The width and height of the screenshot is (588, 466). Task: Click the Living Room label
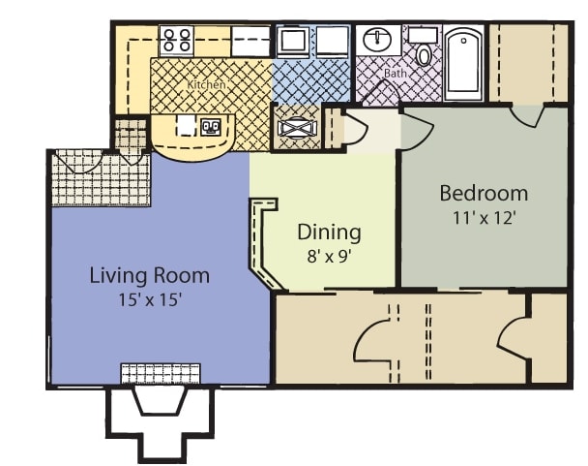click(x=149, y=275)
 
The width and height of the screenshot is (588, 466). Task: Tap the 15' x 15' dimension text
click(x=150, y=300)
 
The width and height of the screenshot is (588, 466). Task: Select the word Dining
click(x=329, y=233)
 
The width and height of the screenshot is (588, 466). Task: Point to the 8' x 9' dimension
click(x=329, y=257)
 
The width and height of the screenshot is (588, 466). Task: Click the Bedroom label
click(x=484, y=193)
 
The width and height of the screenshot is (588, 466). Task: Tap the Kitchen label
click(x=206, y=84)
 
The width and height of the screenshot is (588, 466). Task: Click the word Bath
click(x=396, y=73)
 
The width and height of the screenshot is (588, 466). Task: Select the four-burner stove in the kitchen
click(x=177, y=40)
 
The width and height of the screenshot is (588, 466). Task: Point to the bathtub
click(x=463, y=63)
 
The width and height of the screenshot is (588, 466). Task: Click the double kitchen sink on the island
click(x=211, y=127)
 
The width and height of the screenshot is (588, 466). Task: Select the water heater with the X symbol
click(x=297, y=128)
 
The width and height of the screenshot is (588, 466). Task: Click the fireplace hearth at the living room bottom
click(x=161, y=374)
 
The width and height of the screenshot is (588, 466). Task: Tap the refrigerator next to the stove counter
click(x=250, y=41)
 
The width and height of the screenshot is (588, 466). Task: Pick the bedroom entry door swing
click(x=417, y=133)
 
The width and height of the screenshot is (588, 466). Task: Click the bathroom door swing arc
click(x=379, y=90)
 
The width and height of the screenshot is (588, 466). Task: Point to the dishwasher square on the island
click(x=187, y=125)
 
